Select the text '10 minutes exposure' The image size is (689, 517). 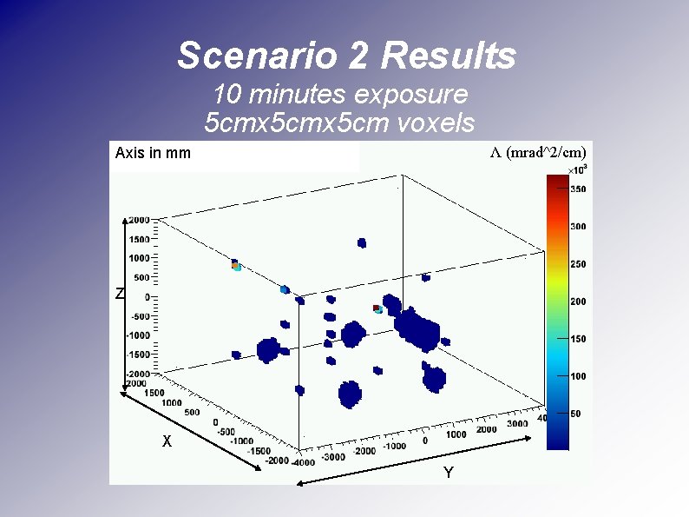340,94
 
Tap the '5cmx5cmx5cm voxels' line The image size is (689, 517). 339,123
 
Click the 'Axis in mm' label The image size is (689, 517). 153,154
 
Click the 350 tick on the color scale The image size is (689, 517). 577,189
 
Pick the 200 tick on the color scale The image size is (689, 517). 577,302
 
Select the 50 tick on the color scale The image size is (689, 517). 574,414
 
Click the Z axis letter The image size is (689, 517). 120,295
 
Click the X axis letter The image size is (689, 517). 167,441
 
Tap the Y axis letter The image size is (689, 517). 448,473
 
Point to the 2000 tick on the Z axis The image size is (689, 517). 139,220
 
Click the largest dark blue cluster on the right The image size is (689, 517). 417,328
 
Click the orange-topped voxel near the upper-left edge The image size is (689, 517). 234,263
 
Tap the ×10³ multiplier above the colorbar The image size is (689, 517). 577,168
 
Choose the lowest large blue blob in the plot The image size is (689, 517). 350,394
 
